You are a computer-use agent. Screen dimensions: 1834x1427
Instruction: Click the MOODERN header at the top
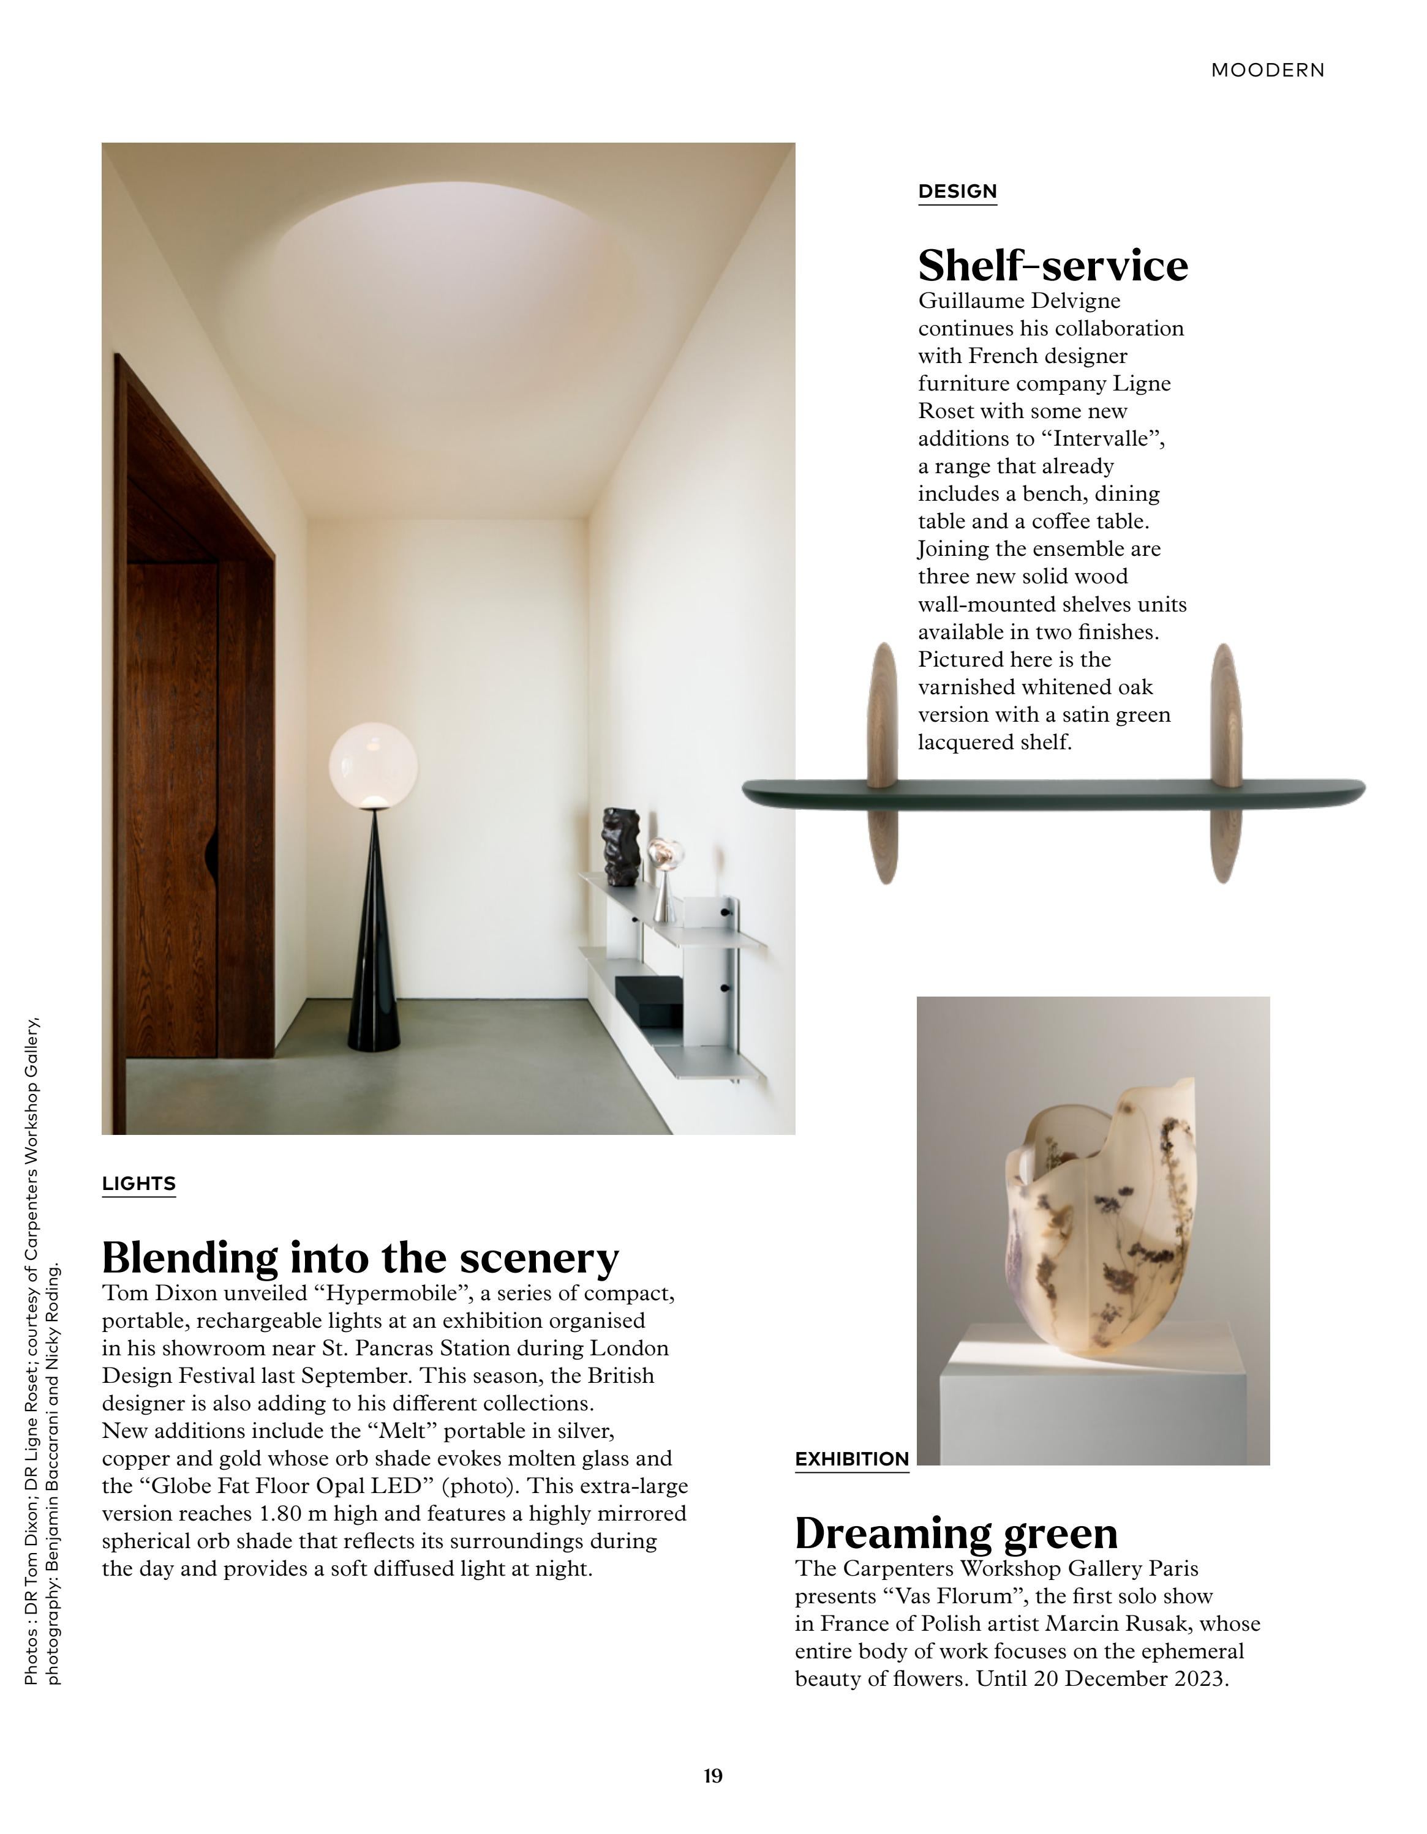[1267, 70]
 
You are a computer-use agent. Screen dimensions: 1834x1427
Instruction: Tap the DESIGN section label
[957, 192]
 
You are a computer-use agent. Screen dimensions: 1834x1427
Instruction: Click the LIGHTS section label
[138, 1183]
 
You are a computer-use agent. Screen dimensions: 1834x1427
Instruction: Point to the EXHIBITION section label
[852, 1459]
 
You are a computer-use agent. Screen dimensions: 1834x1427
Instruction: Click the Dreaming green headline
[956, 1533]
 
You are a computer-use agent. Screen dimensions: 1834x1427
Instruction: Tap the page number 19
[713, 1775]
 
